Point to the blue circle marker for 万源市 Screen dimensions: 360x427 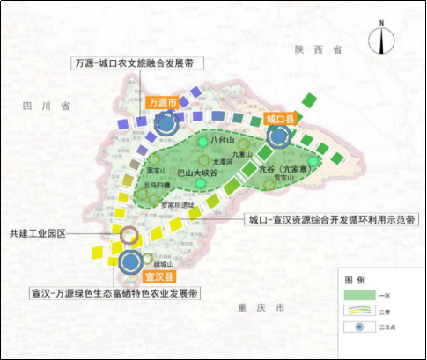pyautogui.click(x=166, y=124)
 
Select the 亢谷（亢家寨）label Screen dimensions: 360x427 pyautogui.click(x=283, y=174)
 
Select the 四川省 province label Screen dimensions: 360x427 pyautogui.click(x=47, y=107)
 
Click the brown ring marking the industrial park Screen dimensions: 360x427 pyautogui.click(x=129, y=235)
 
